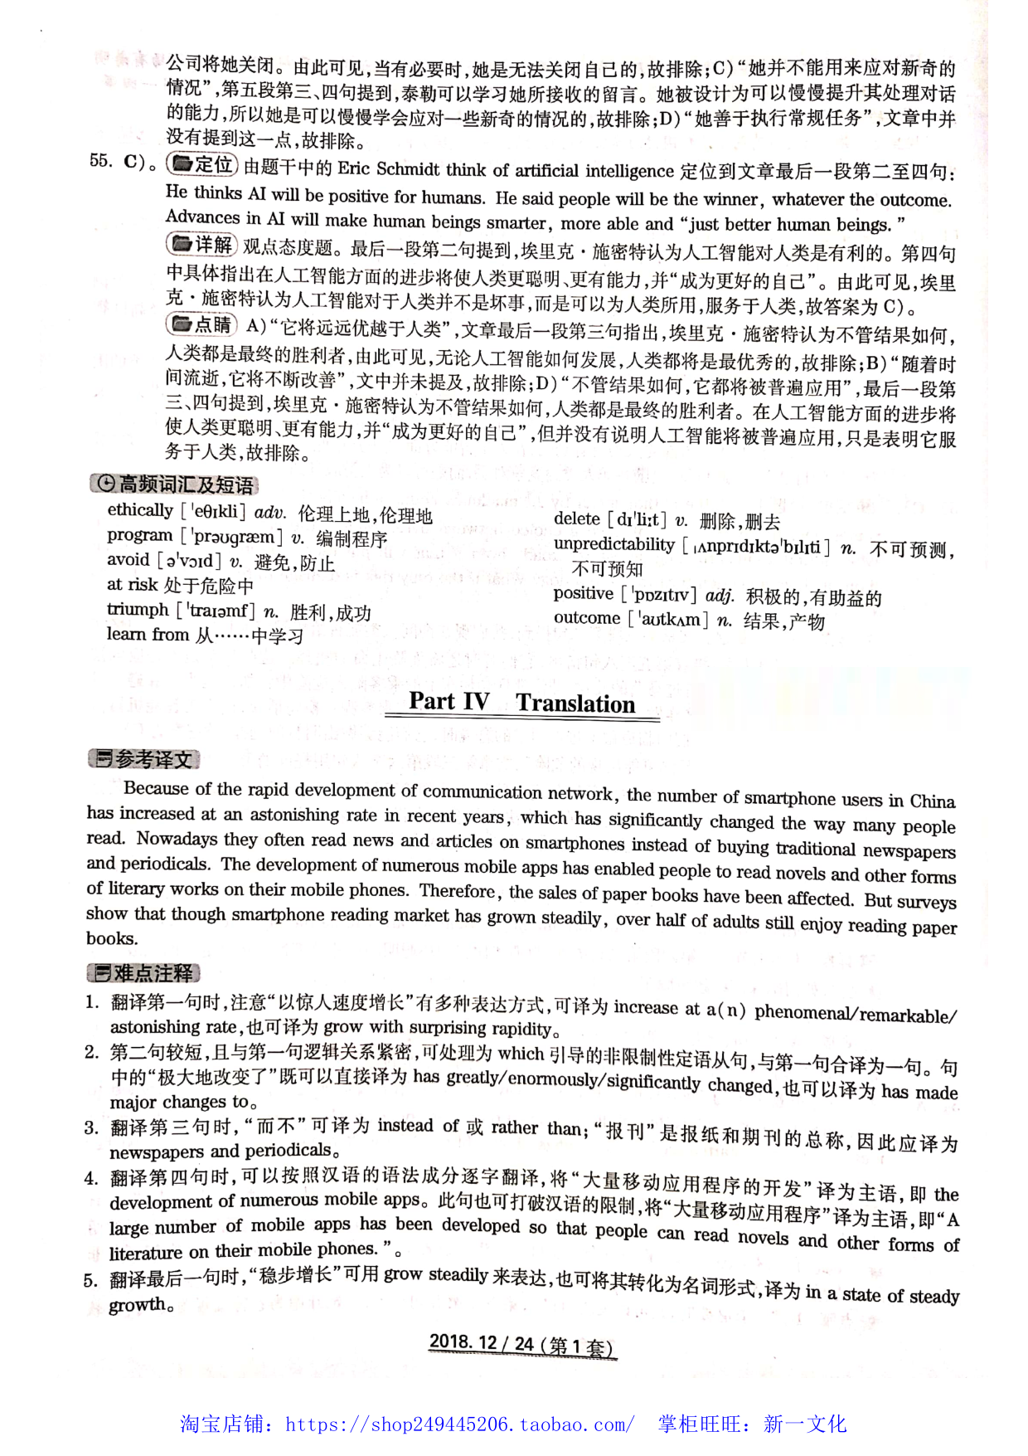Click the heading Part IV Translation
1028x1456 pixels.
point(522,703)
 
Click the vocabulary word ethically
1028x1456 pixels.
point(140,510)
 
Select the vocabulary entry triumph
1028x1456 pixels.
point(138,610)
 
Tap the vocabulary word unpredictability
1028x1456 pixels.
point(614,545)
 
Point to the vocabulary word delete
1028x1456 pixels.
point(576,519)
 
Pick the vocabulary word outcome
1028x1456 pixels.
point(587,618)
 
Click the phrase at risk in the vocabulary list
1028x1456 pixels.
point(132,585)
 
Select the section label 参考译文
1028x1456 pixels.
point(144,758)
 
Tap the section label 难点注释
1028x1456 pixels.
point(144,973)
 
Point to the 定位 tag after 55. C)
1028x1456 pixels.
point(202,165)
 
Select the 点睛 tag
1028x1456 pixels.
point(202,324)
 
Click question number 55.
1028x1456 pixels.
point(101,161)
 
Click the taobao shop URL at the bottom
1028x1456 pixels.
point(460,1424)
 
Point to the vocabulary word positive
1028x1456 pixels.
point(584,594)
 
